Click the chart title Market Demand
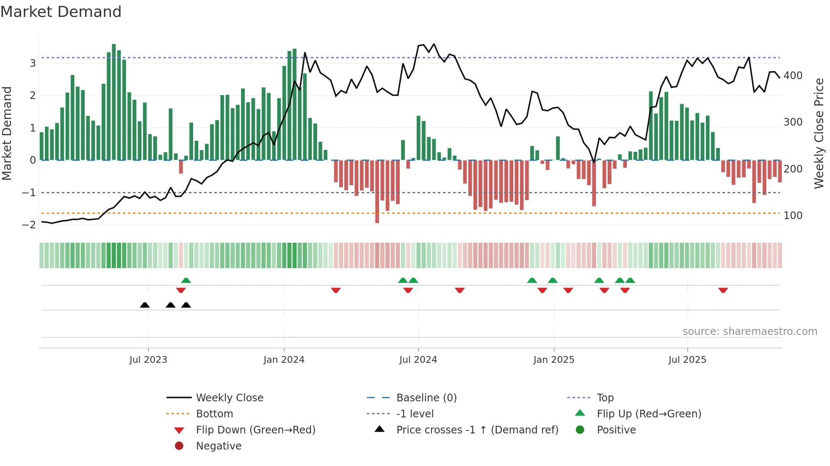(x=61, y=12)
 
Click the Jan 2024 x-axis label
(x=284, y=360)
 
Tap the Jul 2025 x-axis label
(x=687, y=360)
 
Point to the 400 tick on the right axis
(x=793, y=76)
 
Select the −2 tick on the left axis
(x=29, y=225)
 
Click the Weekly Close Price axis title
(x=819, y=133)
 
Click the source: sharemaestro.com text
(x=750, y=332)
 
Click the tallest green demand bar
(x=113, y=101)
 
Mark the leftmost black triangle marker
(x=145, y=305)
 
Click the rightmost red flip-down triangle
(x=723, y=290)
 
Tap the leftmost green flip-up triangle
(x=186, y=280)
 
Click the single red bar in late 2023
(x=181, y=167)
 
